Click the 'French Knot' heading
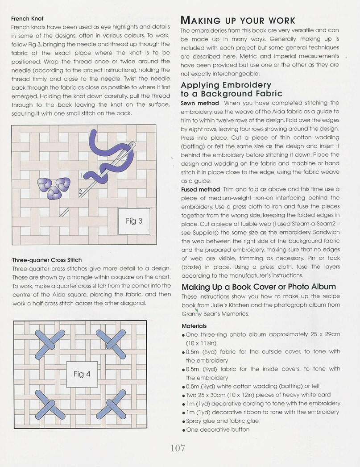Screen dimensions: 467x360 (x=27, y=19)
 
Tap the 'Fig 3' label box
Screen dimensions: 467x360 (x=134, y=221)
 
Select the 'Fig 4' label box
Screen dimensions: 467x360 (x=82, y=374)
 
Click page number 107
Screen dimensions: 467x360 (x=178, y=448)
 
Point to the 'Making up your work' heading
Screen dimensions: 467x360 (x=237, y=21)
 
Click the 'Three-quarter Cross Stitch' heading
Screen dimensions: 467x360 (x=47, y=260)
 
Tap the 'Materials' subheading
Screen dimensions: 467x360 (x=194, y=326)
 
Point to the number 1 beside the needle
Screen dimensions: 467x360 (x=82, y=175)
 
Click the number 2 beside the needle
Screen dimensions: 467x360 (x=80, y=192)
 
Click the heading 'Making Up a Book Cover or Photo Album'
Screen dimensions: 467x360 (x=259, y=287)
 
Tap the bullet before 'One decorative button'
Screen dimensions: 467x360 (x=184, y=430)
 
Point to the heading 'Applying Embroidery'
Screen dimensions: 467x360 (x=226, y=85)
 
